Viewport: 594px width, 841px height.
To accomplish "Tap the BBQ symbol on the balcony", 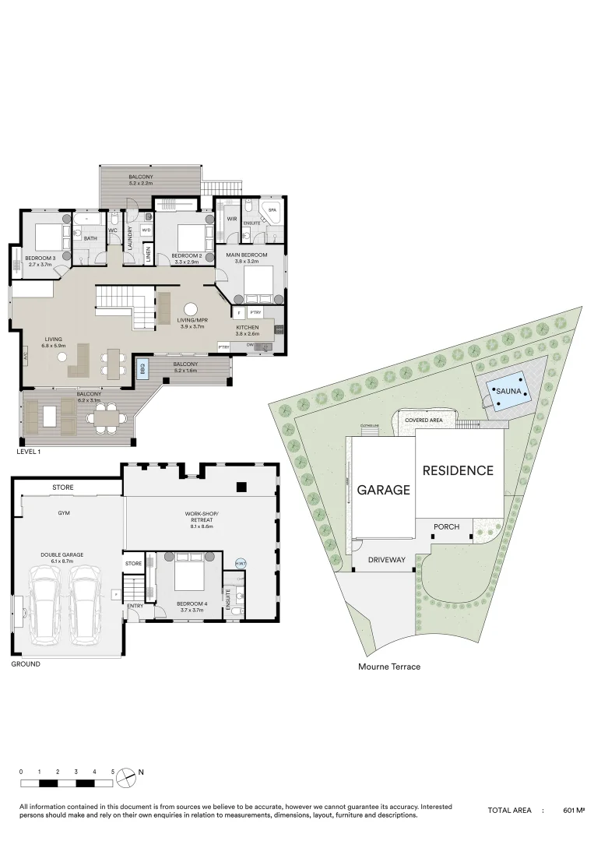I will (x=142, y=369).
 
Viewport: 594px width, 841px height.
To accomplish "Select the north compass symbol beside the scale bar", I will (x=126, y=776).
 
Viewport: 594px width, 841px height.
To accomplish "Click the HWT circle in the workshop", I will (x=240, y=563).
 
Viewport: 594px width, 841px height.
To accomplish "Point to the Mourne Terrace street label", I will (x=389, y=667).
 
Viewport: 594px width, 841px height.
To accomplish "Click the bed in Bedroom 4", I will (x=187, y=575).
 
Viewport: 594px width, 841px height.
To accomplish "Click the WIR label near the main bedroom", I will (x=231, y=219).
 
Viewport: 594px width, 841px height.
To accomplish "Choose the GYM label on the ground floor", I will (x=64, y=514).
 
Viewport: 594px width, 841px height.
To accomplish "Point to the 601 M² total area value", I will (x=573, y=811).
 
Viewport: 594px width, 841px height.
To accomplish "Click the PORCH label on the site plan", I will (x=446, y=527).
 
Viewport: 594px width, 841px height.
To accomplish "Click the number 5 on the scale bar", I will (x=113, y=771).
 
